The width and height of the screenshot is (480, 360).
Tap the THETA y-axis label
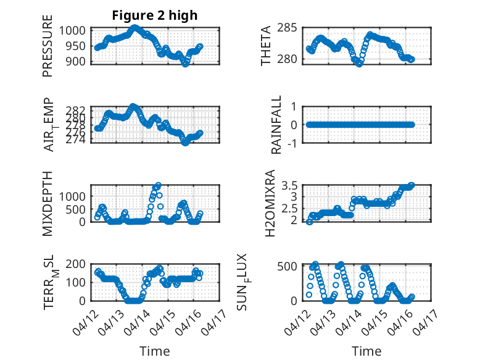tap(266, 46)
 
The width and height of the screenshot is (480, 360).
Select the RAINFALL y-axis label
tap(277, 125)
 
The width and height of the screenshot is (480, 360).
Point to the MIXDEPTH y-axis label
tap(48, 203)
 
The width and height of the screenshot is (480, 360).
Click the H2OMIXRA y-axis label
tap(270, 203)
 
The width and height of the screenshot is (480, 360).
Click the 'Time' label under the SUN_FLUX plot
tap(366, 351)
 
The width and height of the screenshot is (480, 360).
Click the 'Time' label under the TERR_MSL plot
tap(154, 351)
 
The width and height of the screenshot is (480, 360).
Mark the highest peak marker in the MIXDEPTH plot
tap(159, 185)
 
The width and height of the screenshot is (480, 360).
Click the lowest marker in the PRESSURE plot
tap(185, 64)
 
